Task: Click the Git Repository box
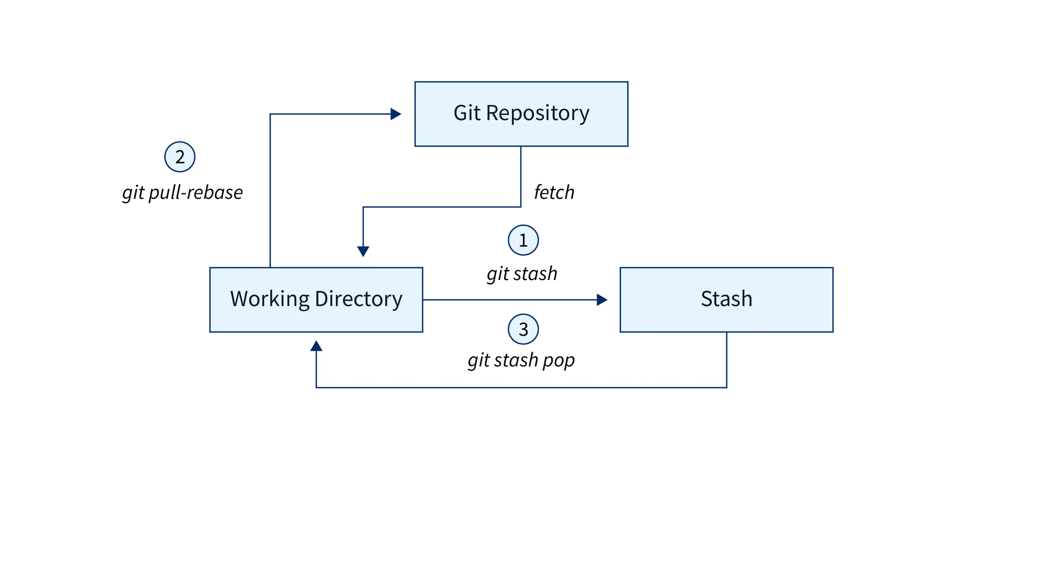pos(521,114)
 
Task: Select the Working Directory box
pos(316,299)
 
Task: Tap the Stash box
pos(726,299)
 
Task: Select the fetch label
pos(554,192)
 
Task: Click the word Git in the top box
pos(467,113)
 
